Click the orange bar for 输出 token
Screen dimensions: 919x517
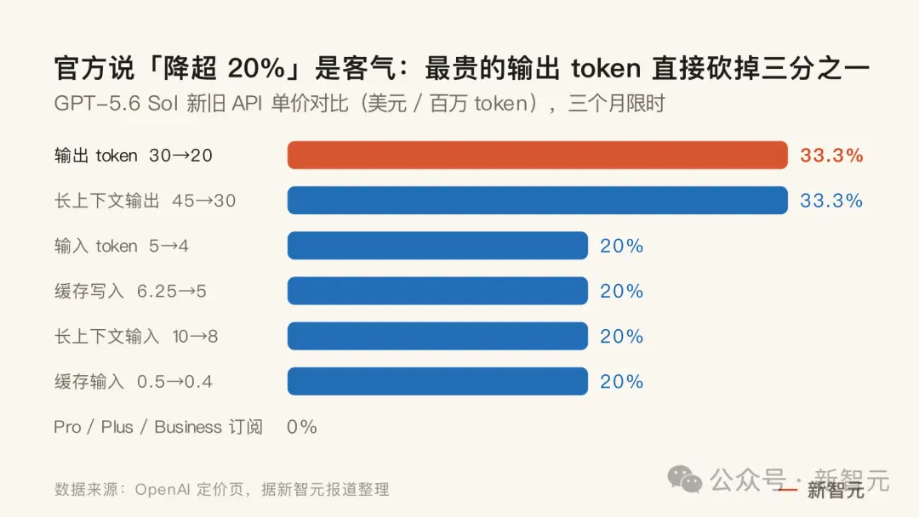click(x=538, y=155)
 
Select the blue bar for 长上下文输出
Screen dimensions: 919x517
click(x=538, y=200)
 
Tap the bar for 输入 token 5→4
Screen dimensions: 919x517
click(x=437, y=246)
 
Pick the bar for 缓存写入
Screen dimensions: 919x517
click(x=437, y=291)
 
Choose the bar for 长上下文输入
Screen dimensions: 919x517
click(x=437, y=336)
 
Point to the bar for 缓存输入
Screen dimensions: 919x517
click(x=437, y=381)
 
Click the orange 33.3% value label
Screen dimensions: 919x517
click(x=831, y=155)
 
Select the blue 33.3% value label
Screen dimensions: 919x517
click(x=831, y=200)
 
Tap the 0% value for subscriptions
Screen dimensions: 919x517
click(x=302, y=427)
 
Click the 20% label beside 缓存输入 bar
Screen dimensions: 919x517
click(x=622, y=381)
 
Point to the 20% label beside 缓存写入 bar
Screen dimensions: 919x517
click(x=622, y=291)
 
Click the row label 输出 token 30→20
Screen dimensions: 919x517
click(x=133, y=155)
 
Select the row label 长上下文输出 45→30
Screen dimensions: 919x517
click(x=145, y=200)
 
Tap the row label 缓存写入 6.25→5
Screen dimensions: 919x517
click(x=130, y=291)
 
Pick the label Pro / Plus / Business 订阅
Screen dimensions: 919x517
click(x=158, y=427)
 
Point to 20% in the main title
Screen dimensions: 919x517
click(x=255, y=69)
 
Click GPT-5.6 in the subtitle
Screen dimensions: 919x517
click(x=97, y=103)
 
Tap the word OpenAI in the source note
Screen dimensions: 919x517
click(x=163, y=489)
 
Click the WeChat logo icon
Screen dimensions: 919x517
click(x=684, y=479)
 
